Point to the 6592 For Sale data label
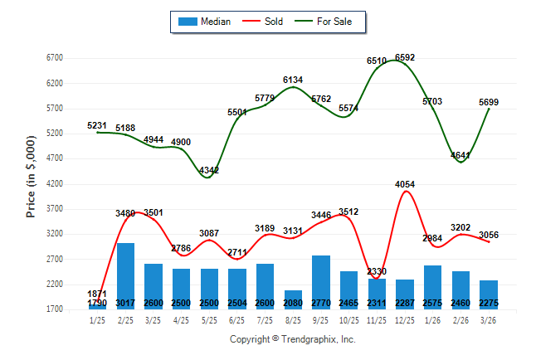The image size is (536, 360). [x=405, y=57]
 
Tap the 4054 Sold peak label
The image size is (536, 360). [x=405, y=184]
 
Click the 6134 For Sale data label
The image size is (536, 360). [x=293, y=80]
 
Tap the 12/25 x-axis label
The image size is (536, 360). [x=405, y=321]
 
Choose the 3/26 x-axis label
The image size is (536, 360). [x=489, y=321]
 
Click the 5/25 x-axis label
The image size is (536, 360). [x=209, y=321]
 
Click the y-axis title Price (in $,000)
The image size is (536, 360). [x=31, y=183]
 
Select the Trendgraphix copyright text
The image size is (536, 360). [x=292, y=339]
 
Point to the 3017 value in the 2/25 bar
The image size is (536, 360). [x=125, y=303]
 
